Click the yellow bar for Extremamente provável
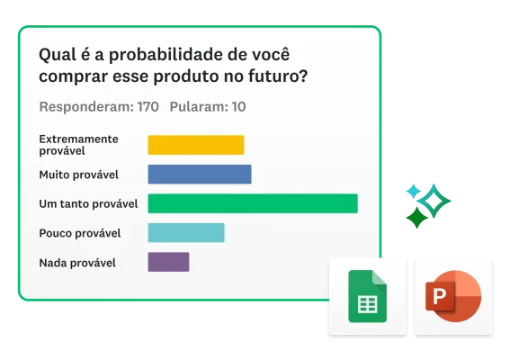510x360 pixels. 195,145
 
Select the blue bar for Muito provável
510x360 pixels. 199,174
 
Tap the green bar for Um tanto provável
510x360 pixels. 252,203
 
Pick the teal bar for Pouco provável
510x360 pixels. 185,233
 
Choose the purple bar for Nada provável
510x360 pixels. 168,262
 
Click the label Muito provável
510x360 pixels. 79,174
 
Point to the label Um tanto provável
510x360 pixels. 88,203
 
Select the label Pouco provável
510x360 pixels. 80,233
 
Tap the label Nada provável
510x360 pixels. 77,263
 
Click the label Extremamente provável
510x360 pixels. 79,145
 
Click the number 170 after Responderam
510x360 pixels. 148,106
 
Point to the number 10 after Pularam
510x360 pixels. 238,106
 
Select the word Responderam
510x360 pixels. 85,106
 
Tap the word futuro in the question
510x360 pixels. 276,76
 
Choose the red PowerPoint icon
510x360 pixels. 453,296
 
